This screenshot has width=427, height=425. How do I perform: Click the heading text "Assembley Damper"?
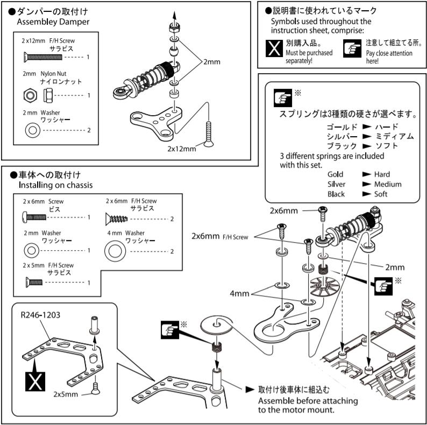[x=53, y=22]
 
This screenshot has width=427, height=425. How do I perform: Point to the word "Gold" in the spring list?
[x=336, y=174]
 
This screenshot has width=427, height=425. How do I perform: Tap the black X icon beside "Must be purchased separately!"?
[x=275, y=48]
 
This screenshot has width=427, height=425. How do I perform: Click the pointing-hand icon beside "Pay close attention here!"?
[x=352, y=48]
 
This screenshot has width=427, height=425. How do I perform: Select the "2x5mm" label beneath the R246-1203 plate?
[x=66, y=394]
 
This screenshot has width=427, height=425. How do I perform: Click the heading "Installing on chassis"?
[x=55, y=185]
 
